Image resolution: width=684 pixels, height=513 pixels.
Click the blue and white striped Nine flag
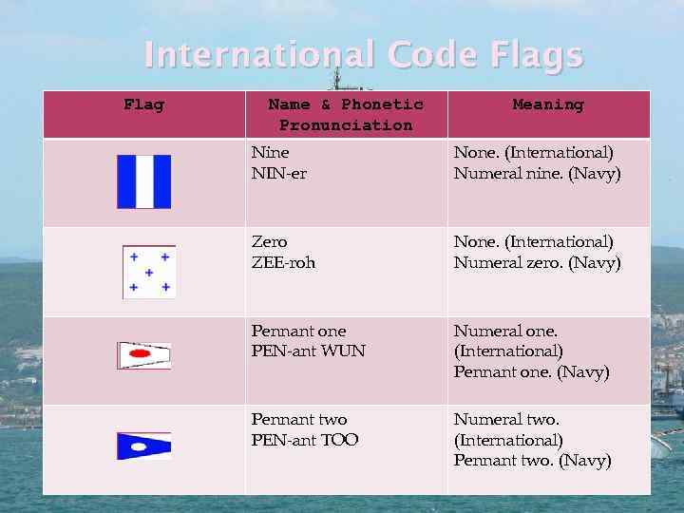click(x=143, y=181)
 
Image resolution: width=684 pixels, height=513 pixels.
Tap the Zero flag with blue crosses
click(x=149, y=272)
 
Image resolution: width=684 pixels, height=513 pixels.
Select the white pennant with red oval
click(x=143, y=355)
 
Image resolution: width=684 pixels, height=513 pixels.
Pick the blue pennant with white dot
click(x=143, y=446)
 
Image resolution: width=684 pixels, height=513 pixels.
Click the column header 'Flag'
click(x=143, y=104)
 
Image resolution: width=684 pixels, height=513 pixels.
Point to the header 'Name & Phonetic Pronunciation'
click(x=346, y=114)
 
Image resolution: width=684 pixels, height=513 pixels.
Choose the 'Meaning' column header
click(x=548, y=104)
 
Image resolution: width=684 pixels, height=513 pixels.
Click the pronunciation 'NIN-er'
click(x=278, y=174)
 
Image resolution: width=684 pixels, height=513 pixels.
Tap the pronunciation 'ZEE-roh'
click(x=283, y=263)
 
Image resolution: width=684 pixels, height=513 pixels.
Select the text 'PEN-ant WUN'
click(x=308, y=351)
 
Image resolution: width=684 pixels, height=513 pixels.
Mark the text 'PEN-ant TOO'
click(x=304, y=440)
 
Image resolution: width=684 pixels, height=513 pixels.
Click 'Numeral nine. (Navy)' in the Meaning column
click(x=537, y=174)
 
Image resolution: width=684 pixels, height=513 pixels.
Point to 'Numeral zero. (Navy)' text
click(x=537, y=263)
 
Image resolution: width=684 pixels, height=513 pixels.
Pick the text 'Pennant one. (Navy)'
click(x=531, y=372)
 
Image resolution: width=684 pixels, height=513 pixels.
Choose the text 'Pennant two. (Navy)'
click(x=532, y=461)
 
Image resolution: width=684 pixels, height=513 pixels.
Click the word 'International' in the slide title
click(x=258, y=55)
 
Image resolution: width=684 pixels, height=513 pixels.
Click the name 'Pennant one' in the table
click(x=298, y=331)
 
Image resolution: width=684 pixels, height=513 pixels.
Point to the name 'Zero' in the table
click(x=269, y=242)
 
